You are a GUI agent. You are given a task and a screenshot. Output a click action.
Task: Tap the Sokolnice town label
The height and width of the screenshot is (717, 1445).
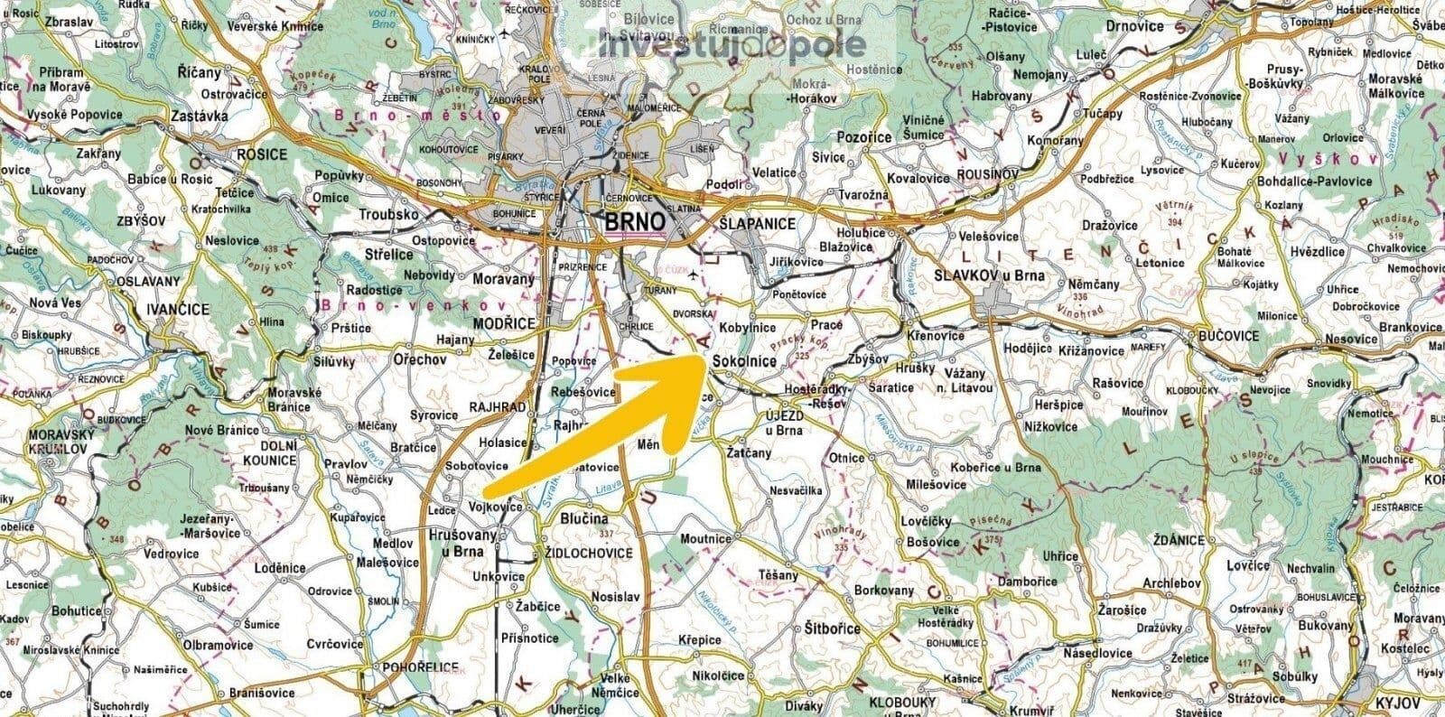coord(744,361)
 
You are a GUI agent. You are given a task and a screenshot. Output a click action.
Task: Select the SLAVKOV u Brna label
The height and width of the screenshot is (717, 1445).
coord(990,275)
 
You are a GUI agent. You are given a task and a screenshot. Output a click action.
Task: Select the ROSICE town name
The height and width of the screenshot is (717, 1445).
coord(262,154)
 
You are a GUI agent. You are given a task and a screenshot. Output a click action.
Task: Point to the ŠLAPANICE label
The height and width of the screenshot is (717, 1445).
coord(758,223)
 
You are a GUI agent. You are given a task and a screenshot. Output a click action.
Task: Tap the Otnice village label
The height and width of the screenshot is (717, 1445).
coord(847,458)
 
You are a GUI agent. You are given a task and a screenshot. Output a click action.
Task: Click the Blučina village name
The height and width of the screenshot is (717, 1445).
coord(584,519)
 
